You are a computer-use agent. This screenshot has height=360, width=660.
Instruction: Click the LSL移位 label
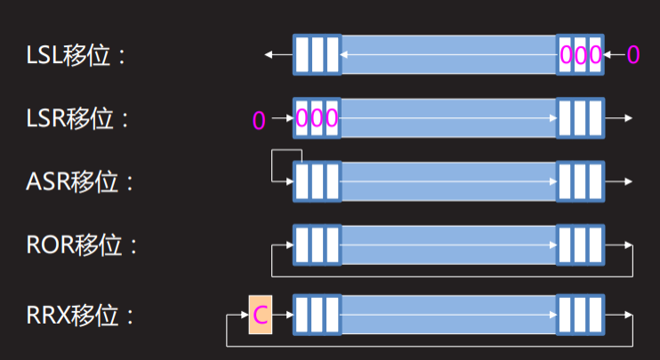74,55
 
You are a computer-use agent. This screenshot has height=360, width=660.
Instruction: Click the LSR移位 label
76,118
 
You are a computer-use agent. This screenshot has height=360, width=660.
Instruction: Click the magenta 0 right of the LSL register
633,55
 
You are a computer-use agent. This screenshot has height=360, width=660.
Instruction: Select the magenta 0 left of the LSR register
259,119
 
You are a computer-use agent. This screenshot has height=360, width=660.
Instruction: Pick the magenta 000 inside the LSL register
581,55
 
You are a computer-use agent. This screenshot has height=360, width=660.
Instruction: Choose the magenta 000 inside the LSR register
317,118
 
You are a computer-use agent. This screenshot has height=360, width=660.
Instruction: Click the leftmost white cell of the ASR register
302,181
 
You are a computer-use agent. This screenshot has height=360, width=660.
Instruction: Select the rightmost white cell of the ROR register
596,244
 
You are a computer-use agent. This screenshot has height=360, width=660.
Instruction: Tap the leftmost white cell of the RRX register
302,315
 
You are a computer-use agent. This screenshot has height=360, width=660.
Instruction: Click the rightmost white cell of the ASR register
596,181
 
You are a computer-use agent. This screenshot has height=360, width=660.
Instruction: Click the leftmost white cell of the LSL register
302,55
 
